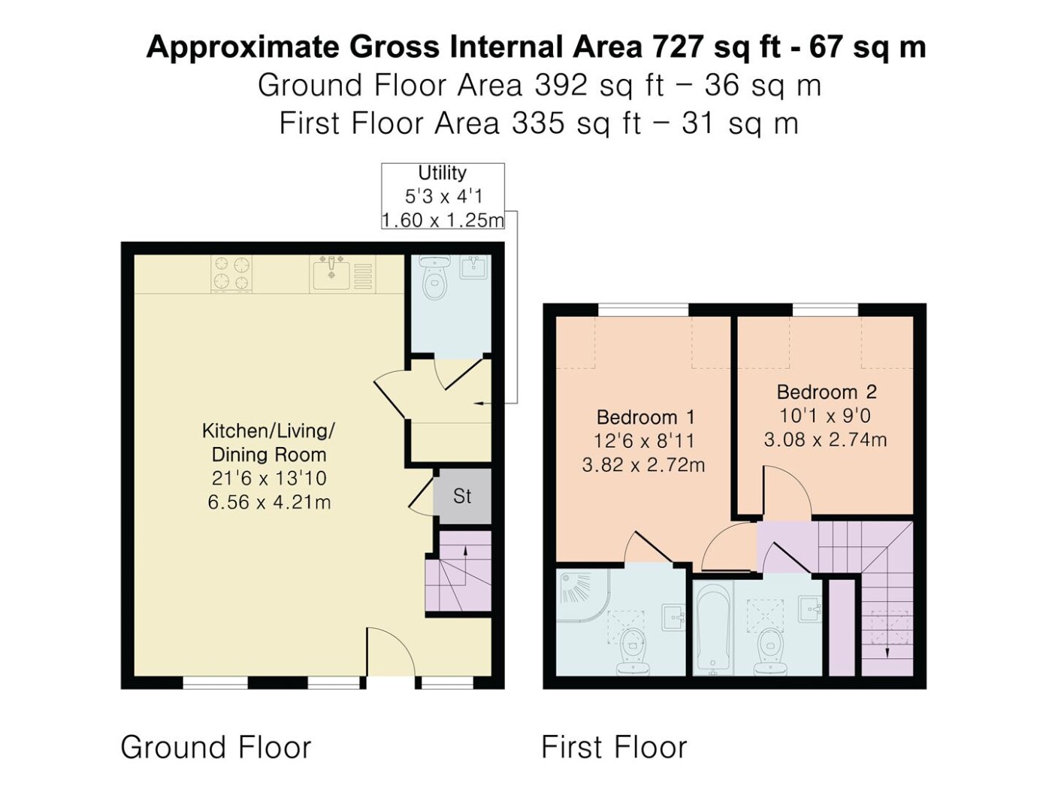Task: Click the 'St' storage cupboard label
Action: pos(462,496)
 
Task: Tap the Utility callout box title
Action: pos(442,173)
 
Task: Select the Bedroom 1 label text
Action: pos(645,417)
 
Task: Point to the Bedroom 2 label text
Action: pos(827,391)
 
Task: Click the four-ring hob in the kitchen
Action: pos(232,274)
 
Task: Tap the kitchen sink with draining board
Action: pos(343,274)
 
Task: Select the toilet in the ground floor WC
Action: pos(434,277)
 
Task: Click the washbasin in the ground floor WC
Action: pos(474,267)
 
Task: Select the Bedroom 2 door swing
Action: pos(786,491)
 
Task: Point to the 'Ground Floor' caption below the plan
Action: pos(216,747)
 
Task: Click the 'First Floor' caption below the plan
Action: pos(614,747)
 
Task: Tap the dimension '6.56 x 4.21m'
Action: pos(269,502)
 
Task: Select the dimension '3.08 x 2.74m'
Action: pos(825,440)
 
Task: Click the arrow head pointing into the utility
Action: pos(477,404)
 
